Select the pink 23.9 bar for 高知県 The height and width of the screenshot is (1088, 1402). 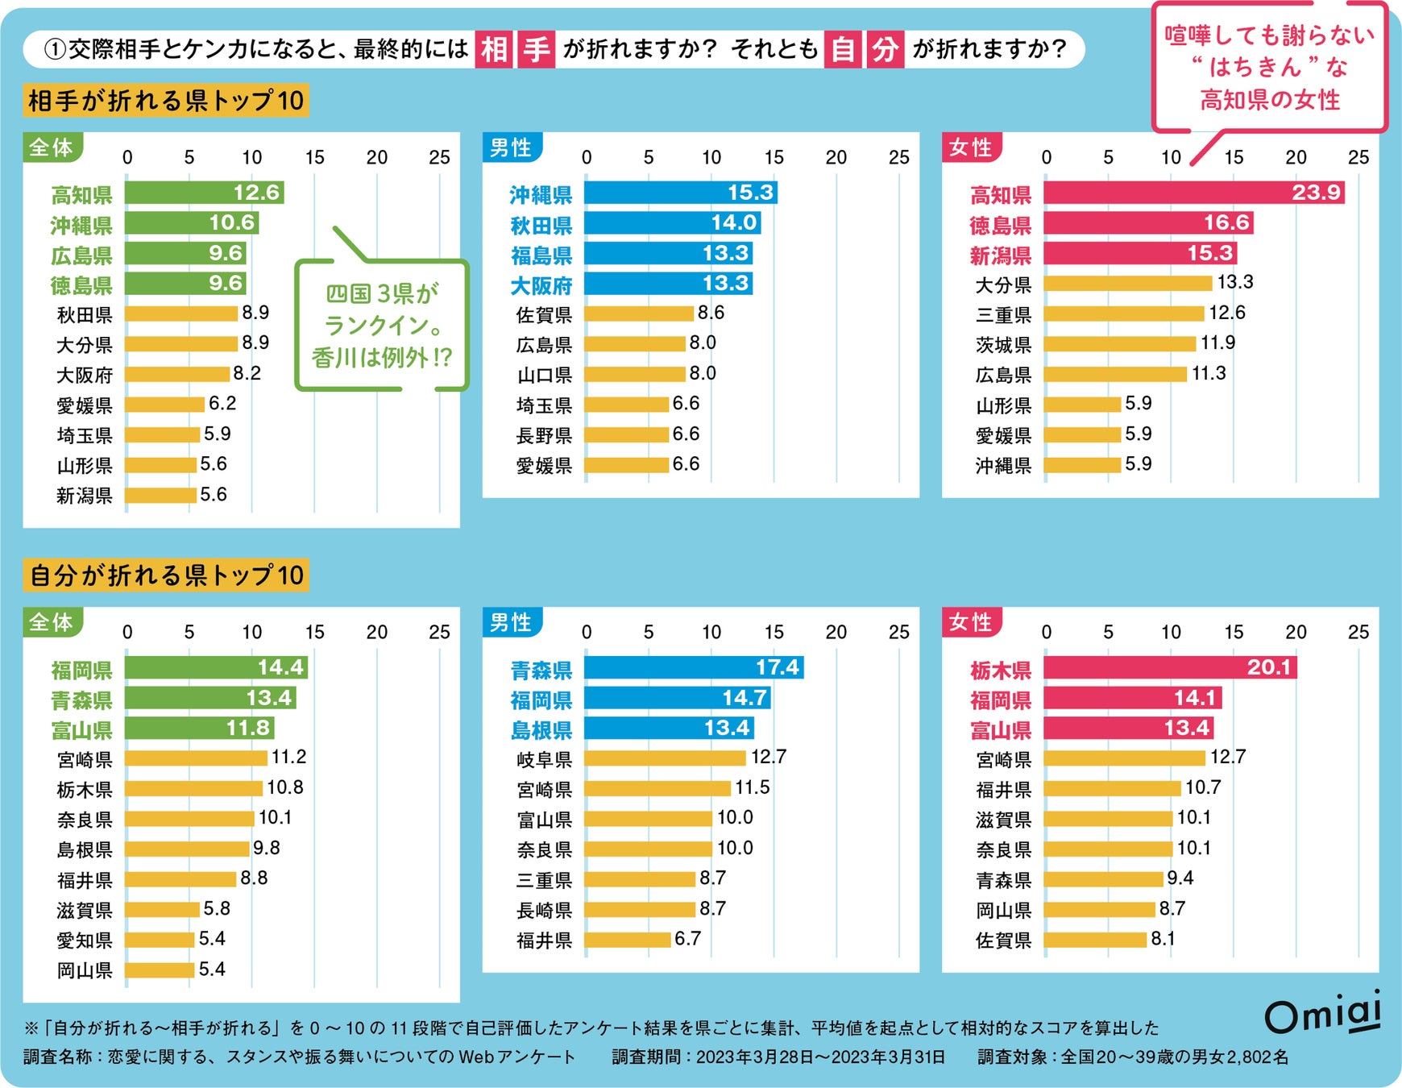[x=1193, y=193]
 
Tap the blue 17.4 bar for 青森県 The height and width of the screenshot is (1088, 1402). [x=693, y=667]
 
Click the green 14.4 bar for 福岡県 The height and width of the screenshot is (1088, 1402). [x=215, y=667]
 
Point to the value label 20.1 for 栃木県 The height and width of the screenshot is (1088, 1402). [x=1268, y=667]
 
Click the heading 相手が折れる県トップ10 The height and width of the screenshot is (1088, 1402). [x=166, y=101]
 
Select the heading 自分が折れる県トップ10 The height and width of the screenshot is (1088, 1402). [x=166, y=575]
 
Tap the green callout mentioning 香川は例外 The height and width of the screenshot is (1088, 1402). [x=381, y=325]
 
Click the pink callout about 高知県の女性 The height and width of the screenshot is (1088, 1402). [x=1270, y=68]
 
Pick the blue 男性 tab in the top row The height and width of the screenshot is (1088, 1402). [x=511, y=147]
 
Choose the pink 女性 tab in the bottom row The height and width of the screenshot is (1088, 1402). [x=971, y=622]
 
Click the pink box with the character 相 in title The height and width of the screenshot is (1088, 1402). [x=494, y=49]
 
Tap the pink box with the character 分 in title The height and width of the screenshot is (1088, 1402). [x=885, y=49]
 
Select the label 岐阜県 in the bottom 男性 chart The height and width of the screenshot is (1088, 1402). [x=544, y=759]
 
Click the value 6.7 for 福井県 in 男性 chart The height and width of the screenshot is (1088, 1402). [x=687, y=939]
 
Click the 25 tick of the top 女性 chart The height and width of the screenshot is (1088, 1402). [x=1358, y=157]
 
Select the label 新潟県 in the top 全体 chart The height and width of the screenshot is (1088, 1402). [x=84, y=496]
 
